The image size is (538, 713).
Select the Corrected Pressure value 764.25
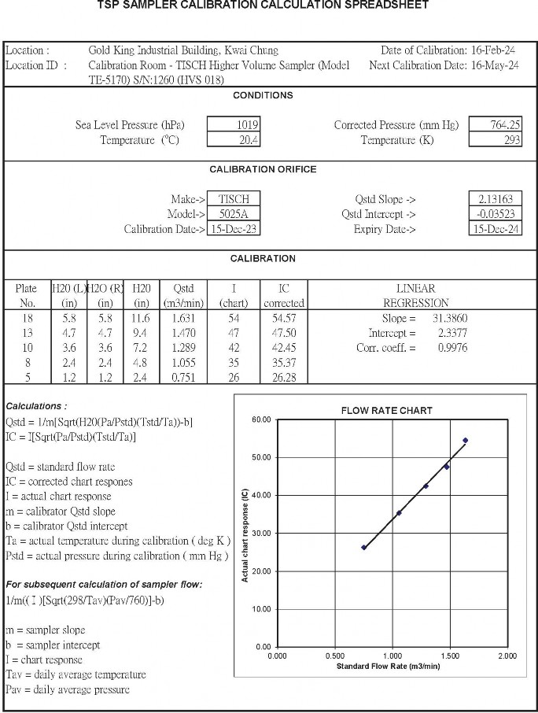pos(494,124)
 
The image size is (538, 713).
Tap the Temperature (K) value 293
pos(494,139)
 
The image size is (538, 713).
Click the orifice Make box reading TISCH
pos(234,199)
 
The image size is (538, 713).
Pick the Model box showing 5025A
pos(234,214)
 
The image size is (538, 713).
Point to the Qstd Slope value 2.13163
pos(494,199)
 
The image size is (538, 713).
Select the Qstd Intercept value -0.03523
pos(494,214)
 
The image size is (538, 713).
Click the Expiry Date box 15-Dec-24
pos(494,229)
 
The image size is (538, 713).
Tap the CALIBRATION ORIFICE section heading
pos(263,169)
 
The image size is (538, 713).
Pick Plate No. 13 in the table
pos(27,333)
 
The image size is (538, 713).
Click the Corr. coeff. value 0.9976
pos(451,348)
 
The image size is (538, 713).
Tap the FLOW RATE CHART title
pos(386,410)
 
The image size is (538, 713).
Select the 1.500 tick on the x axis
pos(450,656)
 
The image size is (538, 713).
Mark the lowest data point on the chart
pos(364,547)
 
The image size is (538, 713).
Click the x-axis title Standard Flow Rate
pos(388,667)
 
